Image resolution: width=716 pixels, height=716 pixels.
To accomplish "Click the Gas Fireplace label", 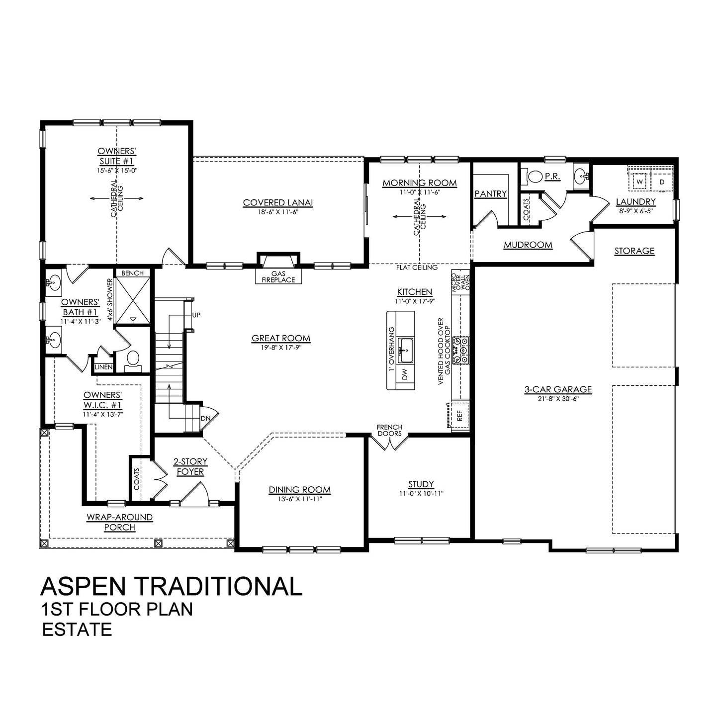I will click(278, 276).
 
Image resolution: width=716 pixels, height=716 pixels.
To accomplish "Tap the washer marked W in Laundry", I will click(639, 182).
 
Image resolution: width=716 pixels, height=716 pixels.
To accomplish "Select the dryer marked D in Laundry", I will click(661, 182).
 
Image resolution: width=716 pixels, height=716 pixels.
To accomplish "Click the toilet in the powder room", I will click(535, 177).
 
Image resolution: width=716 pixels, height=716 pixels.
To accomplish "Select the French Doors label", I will click(389, 430).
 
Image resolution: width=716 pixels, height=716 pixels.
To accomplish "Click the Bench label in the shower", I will click(132, 273).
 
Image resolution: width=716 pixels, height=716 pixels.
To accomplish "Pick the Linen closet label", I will click(103, 367).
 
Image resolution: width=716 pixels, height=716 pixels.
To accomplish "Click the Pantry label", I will click(490, 194).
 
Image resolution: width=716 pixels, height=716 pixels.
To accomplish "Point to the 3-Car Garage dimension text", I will click(558, 399).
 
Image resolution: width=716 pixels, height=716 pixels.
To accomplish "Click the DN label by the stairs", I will click(205, 418).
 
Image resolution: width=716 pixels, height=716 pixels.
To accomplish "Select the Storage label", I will click(634, 251).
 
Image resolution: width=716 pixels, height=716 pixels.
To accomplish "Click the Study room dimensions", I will click(421, 494).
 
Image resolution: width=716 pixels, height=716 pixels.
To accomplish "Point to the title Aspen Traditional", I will click(172, 586).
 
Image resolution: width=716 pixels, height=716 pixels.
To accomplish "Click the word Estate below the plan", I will click(77, 629).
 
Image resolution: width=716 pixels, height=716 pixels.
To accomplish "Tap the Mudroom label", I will click(528, 245).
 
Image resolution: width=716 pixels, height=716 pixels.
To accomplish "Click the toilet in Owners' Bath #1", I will click(133, 359).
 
